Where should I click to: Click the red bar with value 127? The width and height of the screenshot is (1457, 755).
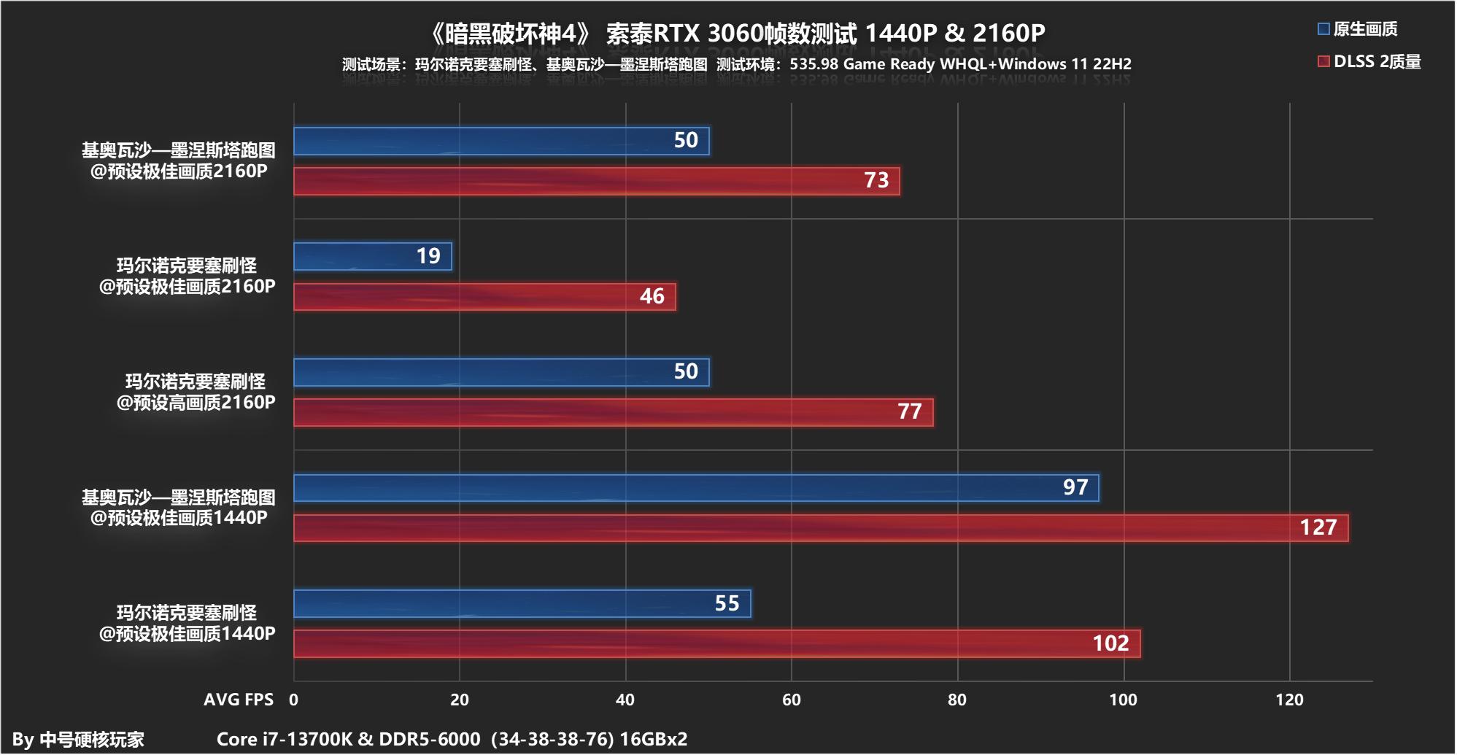click(821, 528)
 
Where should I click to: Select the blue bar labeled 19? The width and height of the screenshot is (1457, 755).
click(373, 257)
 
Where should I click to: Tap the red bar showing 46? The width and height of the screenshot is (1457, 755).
click(484, 297)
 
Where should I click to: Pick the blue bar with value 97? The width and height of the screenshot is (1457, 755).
click(696, 488)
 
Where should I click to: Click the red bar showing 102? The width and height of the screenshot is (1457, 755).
click(716, 644)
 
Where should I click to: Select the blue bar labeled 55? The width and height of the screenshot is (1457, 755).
click(522, 604)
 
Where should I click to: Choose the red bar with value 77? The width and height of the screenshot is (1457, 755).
click(613, 412)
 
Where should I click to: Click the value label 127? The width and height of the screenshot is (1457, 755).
click(1318, 527)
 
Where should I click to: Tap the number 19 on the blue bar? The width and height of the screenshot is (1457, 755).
click(428, 256)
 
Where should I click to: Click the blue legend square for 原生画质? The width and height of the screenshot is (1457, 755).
click(1323, 29)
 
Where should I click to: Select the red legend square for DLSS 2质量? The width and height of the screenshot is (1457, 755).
click(1323, 61)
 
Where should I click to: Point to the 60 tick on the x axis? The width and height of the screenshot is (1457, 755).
click(792, 700)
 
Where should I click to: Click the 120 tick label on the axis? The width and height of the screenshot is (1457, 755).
click(1289, 700)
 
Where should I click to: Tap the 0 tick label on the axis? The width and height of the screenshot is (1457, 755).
click(293, 700)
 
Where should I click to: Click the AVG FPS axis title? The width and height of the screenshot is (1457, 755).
click(239, 700)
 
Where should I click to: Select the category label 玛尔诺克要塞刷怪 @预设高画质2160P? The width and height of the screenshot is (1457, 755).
click(196, 392)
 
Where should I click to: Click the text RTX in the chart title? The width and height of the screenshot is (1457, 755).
click(676, 34)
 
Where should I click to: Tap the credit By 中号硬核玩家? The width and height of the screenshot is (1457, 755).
click(78, 740)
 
